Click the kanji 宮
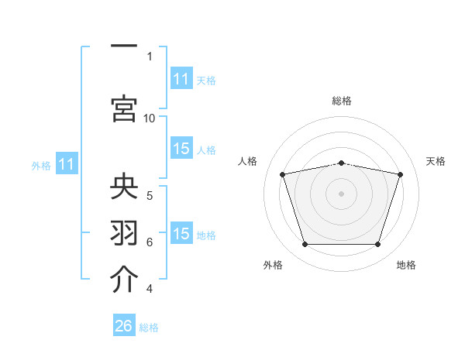point(124,108)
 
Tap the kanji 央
point(124,186)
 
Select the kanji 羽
point(124,232)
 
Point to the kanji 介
point(124,279)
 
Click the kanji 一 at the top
point(124,46)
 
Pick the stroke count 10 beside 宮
point(149,118)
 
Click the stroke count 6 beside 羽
point(150,242)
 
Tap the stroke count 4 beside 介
point(150,289)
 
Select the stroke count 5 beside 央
point(150,196)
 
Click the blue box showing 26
point(124,325)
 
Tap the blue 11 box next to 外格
point(67,163)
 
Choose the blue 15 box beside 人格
point(182,148)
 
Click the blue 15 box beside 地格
point(182,232)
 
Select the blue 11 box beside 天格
point(182,78)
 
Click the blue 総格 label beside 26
point(149,328)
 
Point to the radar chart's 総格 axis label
point(342,101)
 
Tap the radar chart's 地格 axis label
point(406,265)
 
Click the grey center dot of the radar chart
point(341,194)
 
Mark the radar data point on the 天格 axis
point(400,174)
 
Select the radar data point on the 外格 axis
point(305,244)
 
